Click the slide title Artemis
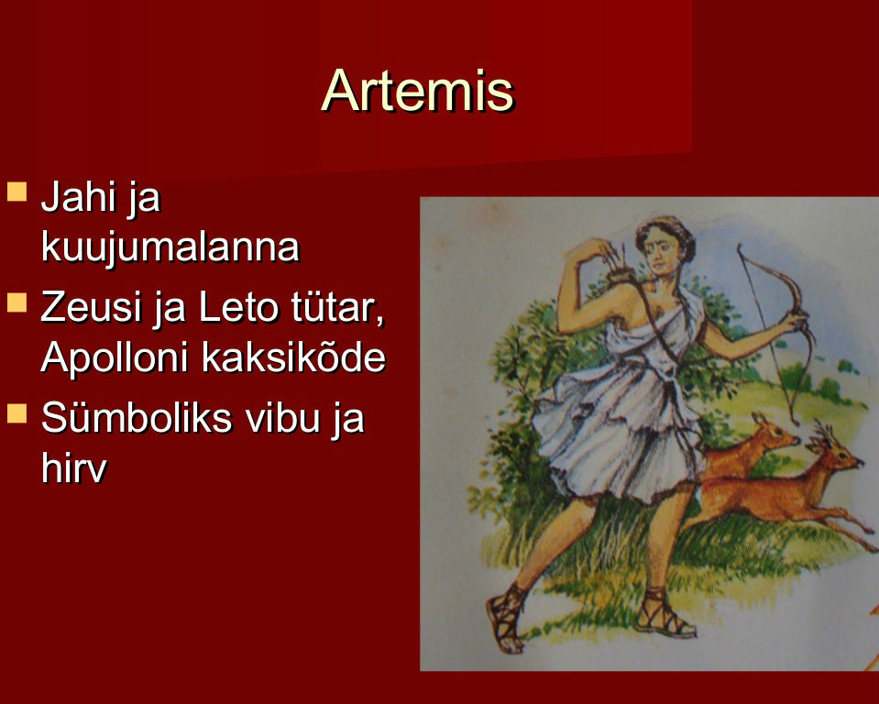click(x=418, y=91)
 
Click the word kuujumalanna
click(x=170, y=247)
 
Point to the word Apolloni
click(x=115, y=357)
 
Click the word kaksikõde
click(x=293, y=357)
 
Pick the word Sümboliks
click(x=137, y=418)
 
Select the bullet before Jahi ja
click(x=16, y=192)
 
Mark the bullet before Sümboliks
click(x=16, y=412)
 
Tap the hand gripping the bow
click(x=795, y=324)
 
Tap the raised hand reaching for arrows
click(x=594, y=250)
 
